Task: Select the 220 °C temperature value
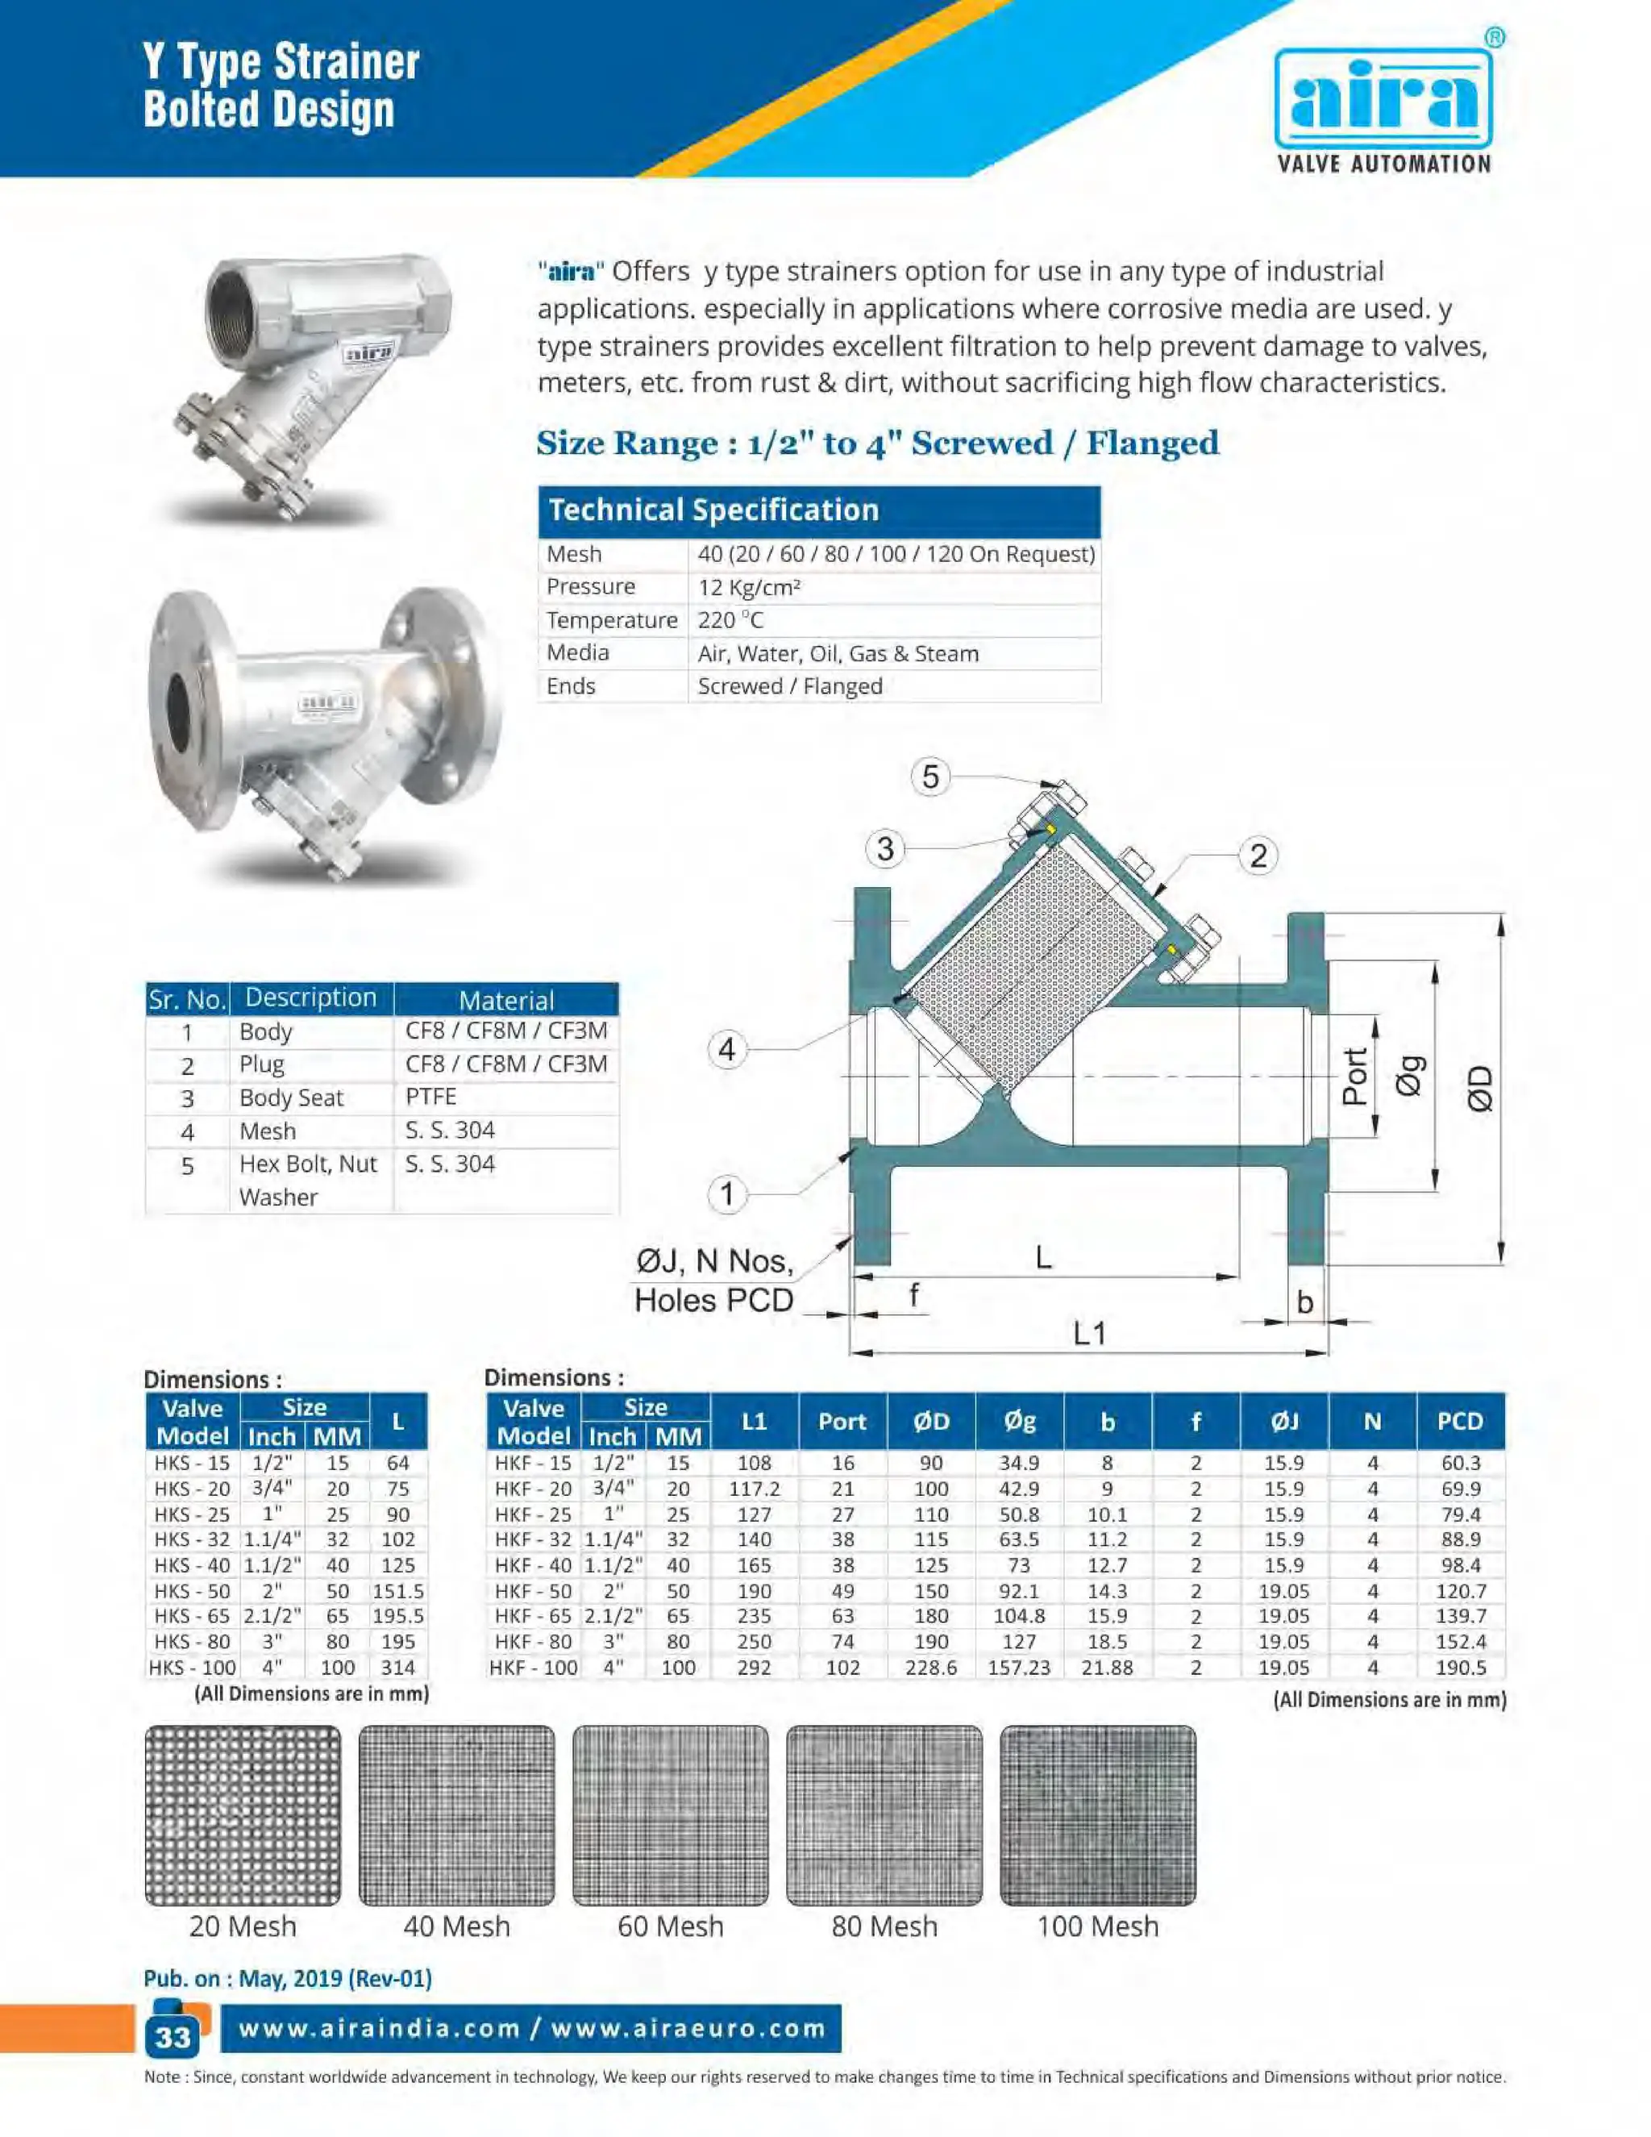[x=730, y=619]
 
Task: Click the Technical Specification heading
[x=714, y=510]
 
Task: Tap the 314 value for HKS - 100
[x=397, y=1668]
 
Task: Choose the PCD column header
[x=1459, y=1421]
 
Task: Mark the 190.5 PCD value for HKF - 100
[x=1459, y=1668]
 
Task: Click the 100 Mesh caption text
[x=1097, y=1927]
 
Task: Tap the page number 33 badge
[x=173, y=2036]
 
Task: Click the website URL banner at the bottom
[x=531, y=2027]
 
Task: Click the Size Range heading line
[x=877, y=444]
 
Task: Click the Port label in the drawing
[x=1354, y=1077]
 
